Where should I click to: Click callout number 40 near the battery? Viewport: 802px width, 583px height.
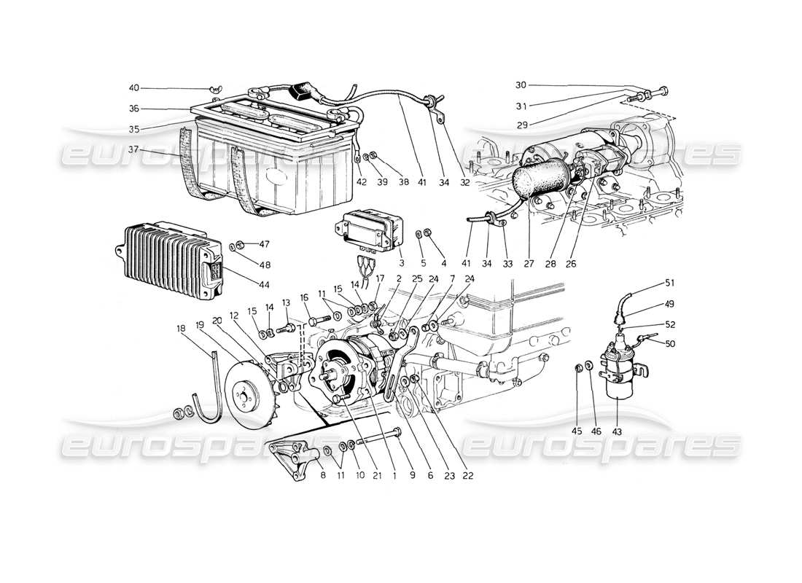(x=134, y=88)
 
